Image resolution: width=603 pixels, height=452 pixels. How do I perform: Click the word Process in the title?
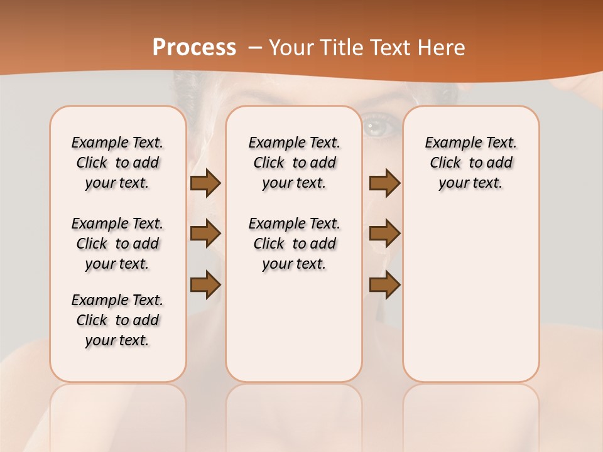(x=194, y=47)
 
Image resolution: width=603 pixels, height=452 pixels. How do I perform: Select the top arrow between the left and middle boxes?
(x=205, y=183)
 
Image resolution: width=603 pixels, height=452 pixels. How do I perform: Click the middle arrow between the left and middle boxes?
(x=205, y=234)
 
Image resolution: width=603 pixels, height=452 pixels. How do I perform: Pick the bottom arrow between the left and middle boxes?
(x=205, y=284)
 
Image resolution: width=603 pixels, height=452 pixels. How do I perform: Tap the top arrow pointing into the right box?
(x=384, y=183)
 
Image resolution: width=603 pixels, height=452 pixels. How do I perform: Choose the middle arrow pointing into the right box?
(x=384, y=234)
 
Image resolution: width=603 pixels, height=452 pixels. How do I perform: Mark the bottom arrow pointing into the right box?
(x=384, y=284)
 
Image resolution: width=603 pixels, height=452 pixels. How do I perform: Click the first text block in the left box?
(x=117, y=163)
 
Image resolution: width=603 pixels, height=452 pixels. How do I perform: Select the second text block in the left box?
(x=117, y=244)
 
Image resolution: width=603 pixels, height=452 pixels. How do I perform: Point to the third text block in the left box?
(x=117, y=320)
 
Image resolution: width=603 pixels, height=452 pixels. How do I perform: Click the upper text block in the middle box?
(x=294, y=163)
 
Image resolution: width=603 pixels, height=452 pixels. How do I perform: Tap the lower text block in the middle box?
(x=294, y=244)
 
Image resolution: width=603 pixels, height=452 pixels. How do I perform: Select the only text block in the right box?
(x=470, y=163)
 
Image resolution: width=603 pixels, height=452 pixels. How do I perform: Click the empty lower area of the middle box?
(x=294, y=326)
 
